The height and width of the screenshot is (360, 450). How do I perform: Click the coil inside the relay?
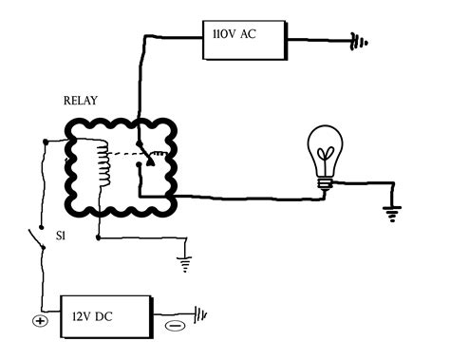tap(102, 162)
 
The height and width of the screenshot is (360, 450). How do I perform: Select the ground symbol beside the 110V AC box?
tap(358, 41)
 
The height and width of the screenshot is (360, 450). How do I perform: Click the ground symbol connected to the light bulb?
tap(390, 212)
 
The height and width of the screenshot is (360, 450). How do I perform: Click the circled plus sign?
tap(40, 320)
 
